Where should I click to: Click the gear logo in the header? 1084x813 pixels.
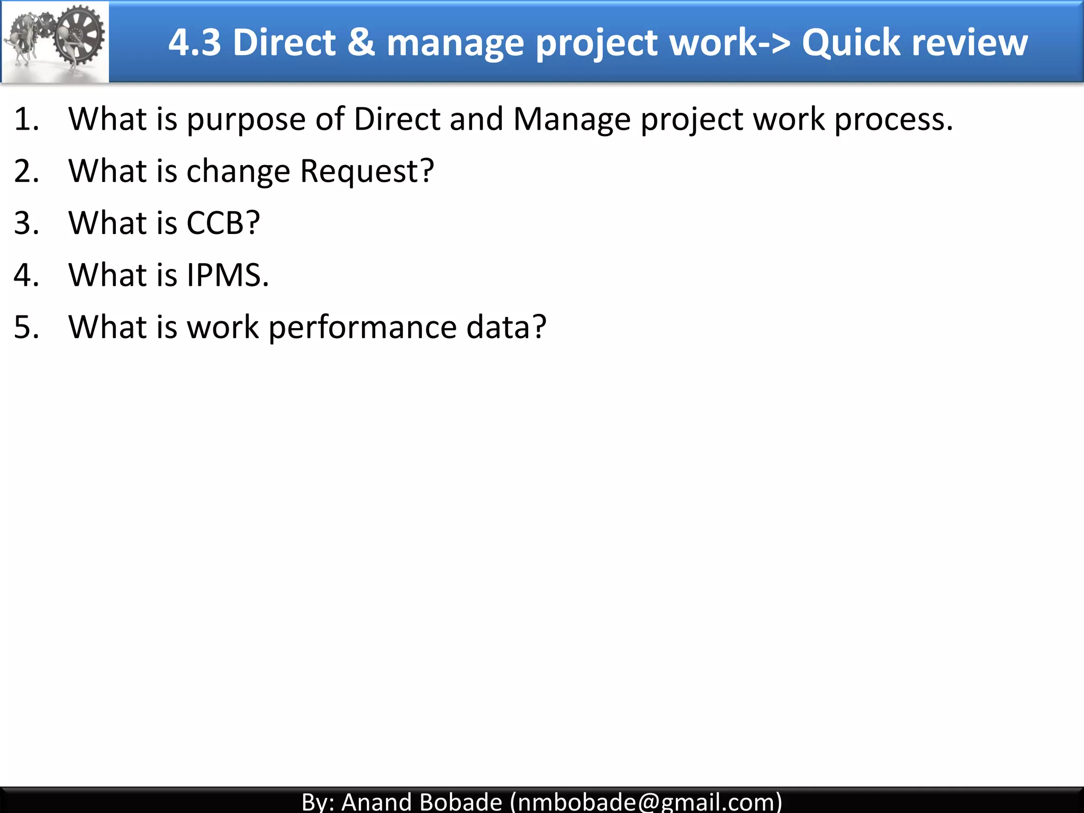(x=55, y=41)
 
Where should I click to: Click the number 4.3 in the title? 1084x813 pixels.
(x=194, y=42)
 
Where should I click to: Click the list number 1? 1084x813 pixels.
(x=26, y=119)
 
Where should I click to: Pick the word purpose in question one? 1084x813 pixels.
(x=246, y=120)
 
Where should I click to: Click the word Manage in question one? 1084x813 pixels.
(x=572, y=120)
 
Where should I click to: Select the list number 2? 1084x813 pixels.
(x=26, y=171)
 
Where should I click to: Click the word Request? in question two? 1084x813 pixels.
(x=367, y=171)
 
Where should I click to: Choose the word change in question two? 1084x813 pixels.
(x=238, y=171)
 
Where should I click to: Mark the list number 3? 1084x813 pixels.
(x=26, y=223)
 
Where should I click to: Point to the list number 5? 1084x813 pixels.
(x=26, y=327)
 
